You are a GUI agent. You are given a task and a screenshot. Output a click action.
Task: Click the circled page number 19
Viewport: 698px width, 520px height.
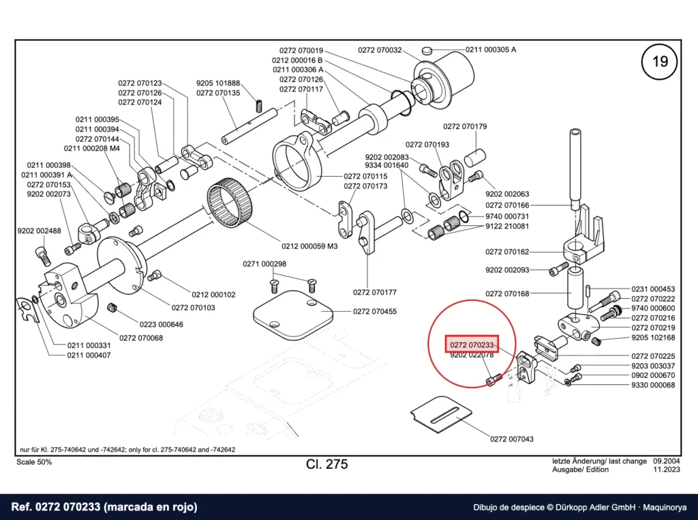pos(659,61)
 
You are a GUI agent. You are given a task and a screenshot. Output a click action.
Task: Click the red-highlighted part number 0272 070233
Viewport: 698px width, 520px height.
pos(472,345)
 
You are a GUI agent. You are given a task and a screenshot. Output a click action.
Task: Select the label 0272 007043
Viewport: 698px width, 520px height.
pos(511,439)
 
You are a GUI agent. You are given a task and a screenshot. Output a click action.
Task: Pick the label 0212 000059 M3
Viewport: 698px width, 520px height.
pos(309,246)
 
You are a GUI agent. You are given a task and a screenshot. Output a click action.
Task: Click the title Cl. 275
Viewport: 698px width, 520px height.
pos(327,464)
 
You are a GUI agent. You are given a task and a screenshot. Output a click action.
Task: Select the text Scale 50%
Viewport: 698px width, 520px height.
pos(34,462)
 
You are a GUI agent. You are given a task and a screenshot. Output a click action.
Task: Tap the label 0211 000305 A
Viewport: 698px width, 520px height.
pos(491,49)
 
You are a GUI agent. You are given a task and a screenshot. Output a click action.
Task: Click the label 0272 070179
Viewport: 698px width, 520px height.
pos(465,126)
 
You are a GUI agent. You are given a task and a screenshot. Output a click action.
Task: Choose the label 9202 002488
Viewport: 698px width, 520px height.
pos(39,231)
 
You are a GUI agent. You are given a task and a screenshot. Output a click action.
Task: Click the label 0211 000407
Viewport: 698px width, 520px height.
pos(89,355)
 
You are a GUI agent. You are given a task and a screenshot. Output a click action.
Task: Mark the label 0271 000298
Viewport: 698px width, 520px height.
pos(264,264)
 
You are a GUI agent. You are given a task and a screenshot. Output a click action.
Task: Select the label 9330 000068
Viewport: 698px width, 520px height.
pos(653,385)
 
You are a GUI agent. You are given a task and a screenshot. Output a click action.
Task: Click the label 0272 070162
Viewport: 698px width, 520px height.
pos(507,252)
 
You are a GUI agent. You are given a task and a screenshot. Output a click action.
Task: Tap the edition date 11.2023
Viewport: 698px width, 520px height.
pos(667,470)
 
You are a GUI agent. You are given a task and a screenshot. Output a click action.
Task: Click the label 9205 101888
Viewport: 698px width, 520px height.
pos(218,83)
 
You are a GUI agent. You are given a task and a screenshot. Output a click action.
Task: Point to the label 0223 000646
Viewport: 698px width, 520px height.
pos(161,324)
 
